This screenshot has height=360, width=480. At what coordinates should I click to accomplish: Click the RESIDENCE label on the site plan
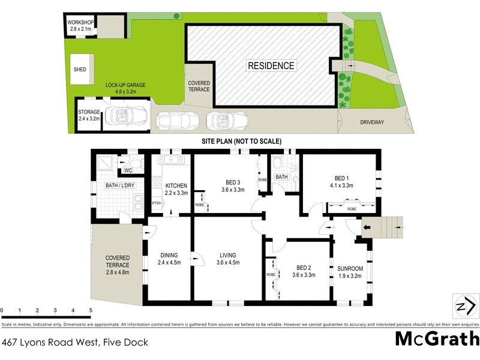pyautogui.click(x=272, y=66)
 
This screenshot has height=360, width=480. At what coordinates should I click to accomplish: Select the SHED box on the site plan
pyautogui.click(x=80, y=70)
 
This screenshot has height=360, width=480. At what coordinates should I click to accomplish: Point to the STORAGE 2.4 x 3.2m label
pyautogui.click(x=89, y=115)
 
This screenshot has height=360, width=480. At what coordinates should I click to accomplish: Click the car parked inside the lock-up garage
pyautogui.click(x=126, y=115)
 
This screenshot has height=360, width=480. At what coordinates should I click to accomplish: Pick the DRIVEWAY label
pyautogui.click(x=372, y=122)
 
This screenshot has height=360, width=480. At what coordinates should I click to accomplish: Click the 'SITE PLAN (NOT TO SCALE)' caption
pyautogui.click(x=241, y=141)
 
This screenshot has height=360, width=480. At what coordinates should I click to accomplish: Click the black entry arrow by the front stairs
pyautogui.click(x=367, y=228)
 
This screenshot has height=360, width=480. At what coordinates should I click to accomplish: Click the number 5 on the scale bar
pyautogui.click(x=91, y=311)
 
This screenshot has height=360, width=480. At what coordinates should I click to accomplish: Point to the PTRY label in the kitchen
pyautogui.click(x=156, y=204)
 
